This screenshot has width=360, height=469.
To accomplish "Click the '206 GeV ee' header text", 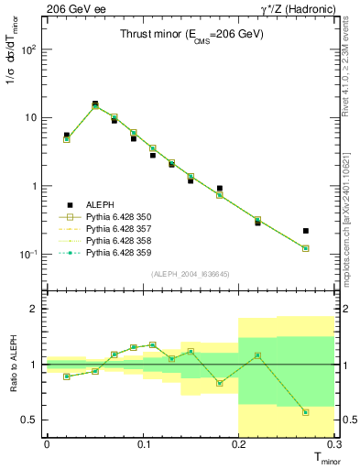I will click(x=77, y=8).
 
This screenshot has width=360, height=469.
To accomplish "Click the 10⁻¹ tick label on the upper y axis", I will click(x=30, y=255).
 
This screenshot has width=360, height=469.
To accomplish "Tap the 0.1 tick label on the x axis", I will click(x=143, y=444).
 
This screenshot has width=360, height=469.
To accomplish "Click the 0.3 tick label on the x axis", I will click(x=335, y=444).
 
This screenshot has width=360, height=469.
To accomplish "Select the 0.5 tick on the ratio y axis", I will click(x=33, y=420).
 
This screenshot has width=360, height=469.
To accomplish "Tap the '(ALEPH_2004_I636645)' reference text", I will click(x=190, y=274).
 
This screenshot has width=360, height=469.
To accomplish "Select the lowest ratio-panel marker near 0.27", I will click(x=306, y=412).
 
